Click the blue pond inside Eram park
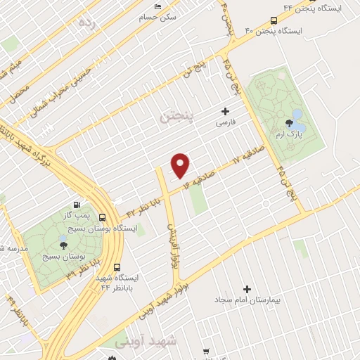[x=297, y=114]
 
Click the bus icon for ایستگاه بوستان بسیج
[x=103, y=217]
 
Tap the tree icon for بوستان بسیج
[x=64, y=246]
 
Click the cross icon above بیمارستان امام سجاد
[x=247, y=289]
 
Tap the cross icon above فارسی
[x=225, y=110]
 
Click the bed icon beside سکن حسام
[x=157, y=6]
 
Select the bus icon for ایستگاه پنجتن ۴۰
[x=273, y=20]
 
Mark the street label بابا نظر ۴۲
[x=144, y=205]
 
